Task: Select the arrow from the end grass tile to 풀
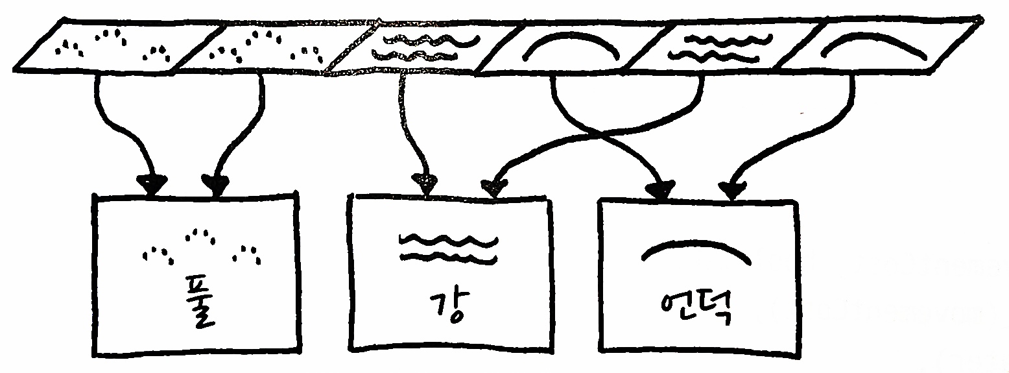coord(113,130)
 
